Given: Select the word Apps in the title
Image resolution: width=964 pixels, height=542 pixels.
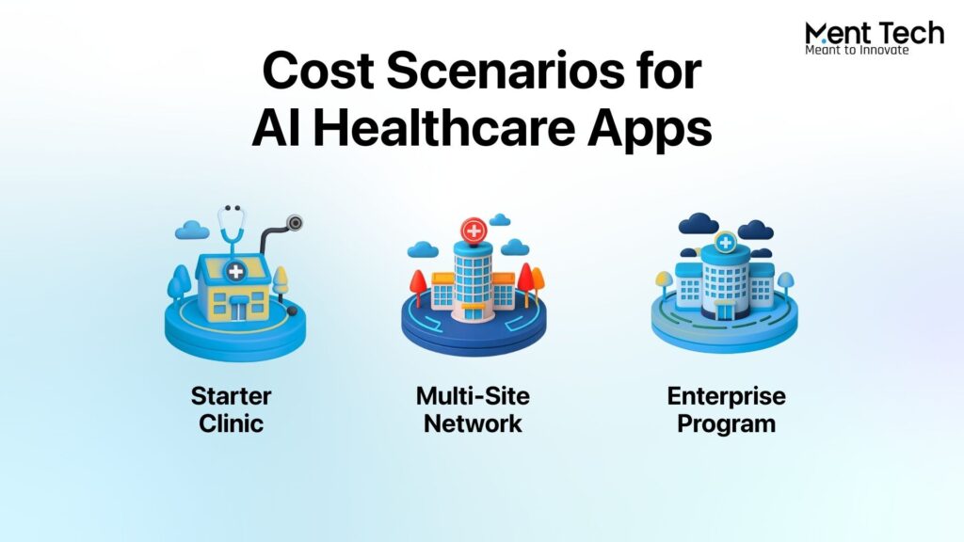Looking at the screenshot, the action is point(650,132).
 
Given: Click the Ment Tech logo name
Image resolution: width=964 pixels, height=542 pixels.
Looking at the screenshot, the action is point(875,33).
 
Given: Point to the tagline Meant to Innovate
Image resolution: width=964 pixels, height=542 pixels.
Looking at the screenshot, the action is point(857,51).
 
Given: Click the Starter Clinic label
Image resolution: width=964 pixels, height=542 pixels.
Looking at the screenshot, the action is point(232,410).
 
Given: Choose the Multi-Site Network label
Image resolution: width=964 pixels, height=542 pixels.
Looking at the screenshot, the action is point(473,410).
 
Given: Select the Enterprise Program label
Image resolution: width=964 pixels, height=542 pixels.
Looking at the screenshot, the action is point(726,410).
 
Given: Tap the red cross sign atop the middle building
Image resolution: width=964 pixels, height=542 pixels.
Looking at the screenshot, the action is point(474,231).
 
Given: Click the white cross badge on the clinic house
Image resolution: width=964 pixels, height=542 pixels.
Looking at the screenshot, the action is point(235,271).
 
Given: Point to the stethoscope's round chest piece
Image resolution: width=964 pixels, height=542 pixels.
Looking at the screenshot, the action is point(295,222).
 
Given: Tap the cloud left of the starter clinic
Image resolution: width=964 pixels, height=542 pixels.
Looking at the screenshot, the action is point(192,231).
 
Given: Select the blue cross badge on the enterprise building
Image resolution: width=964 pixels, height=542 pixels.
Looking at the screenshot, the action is point(726,242).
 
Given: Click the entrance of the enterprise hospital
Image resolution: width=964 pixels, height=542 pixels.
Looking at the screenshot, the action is point(726,311).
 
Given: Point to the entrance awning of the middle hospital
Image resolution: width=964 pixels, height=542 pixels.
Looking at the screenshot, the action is point(473,306).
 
